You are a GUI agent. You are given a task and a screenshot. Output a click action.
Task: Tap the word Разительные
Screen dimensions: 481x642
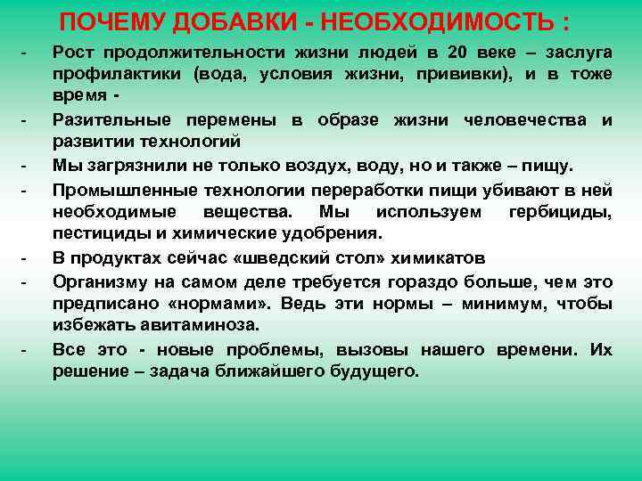111,119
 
